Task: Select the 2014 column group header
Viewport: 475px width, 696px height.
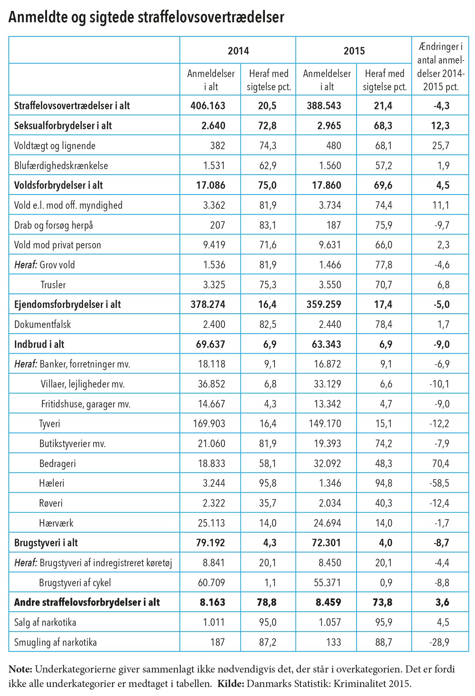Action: (238, 51)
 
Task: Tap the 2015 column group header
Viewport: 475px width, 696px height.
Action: (354, 51)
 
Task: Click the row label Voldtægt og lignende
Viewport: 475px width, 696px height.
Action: (55, 146)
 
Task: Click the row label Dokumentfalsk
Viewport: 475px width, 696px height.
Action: (42, 324)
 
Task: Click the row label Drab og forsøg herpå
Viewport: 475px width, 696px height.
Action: (54, 225)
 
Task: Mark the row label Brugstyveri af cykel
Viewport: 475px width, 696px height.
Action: (75, 583)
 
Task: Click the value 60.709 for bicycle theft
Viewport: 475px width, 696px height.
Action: (211, 583)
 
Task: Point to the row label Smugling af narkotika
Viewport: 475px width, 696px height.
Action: (55, 643)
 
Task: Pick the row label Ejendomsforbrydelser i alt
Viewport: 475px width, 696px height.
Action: (68, 305)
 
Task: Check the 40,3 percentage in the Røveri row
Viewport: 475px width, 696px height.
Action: (383, 503)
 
